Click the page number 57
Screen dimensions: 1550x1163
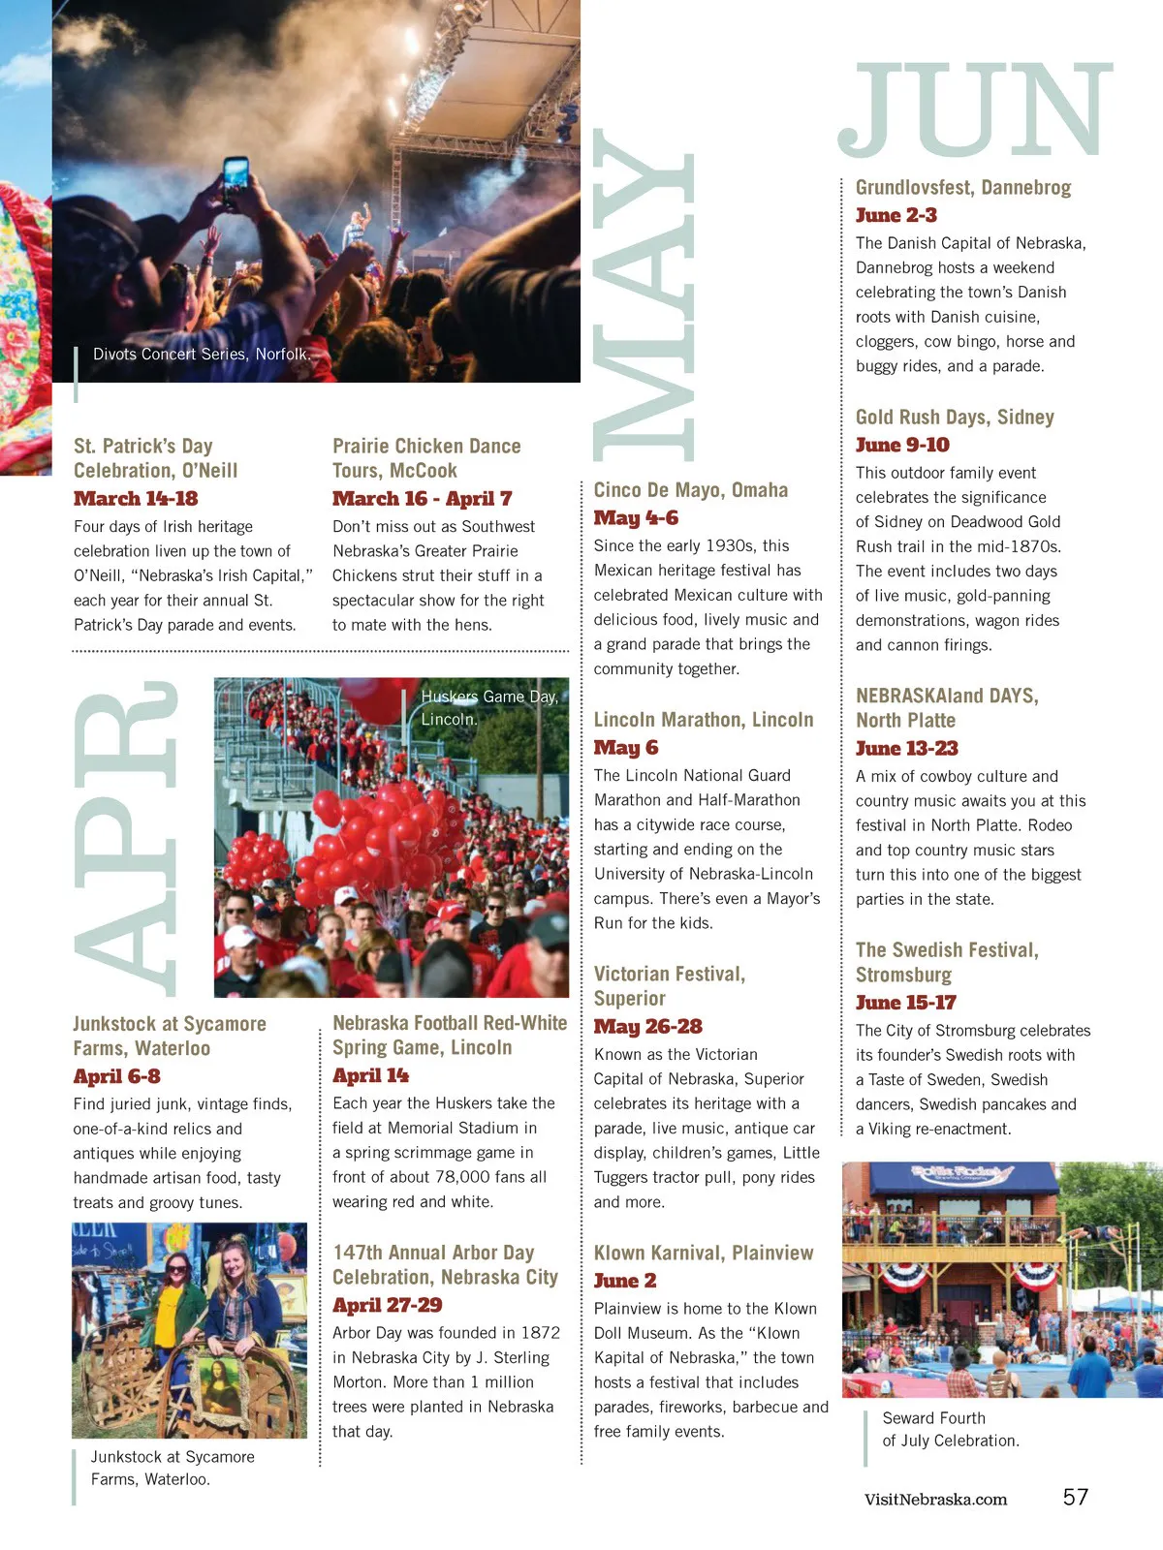point(1075,1497)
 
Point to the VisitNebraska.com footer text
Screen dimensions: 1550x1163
point(935,1500)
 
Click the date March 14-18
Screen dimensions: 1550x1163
point(136,499)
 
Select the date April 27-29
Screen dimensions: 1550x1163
point(387,1305)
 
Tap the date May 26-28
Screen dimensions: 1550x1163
point(647,1026)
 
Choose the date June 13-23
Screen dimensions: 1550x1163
point(906,748)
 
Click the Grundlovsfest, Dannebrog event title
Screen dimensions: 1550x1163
point(963,188)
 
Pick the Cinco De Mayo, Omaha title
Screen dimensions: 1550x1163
point(690,490)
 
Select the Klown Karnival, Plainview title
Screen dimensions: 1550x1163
point(703,1253)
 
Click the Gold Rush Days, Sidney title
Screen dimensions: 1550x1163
point(955,418)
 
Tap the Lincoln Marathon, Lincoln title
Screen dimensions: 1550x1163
point(703,720)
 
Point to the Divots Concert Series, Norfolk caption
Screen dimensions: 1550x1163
point(202,355)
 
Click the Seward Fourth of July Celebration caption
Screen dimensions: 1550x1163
point(950,1429)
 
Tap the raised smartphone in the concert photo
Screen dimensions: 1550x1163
point(236,174)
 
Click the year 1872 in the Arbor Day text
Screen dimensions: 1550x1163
point(540,1333)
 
